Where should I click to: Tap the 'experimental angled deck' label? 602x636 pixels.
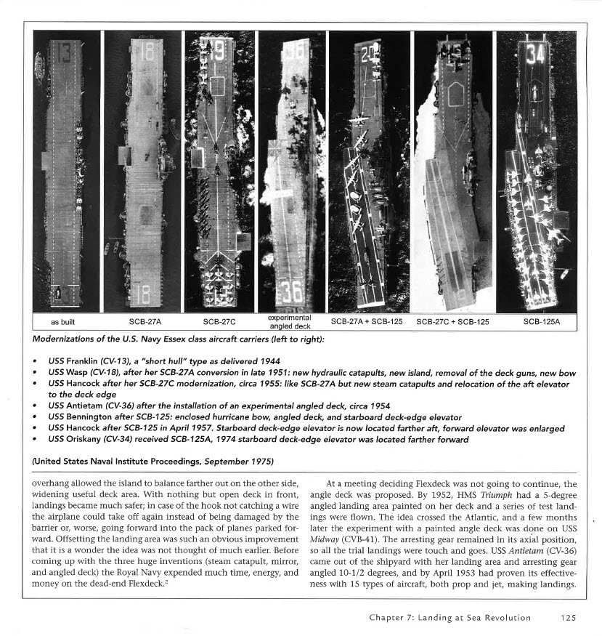(x=290, y=321)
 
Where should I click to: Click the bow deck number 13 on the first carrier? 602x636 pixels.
(x=64, y=52)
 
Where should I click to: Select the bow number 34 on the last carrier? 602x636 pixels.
(x=537, y=53)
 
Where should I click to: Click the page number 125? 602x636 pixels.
(x=569, y=618)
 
